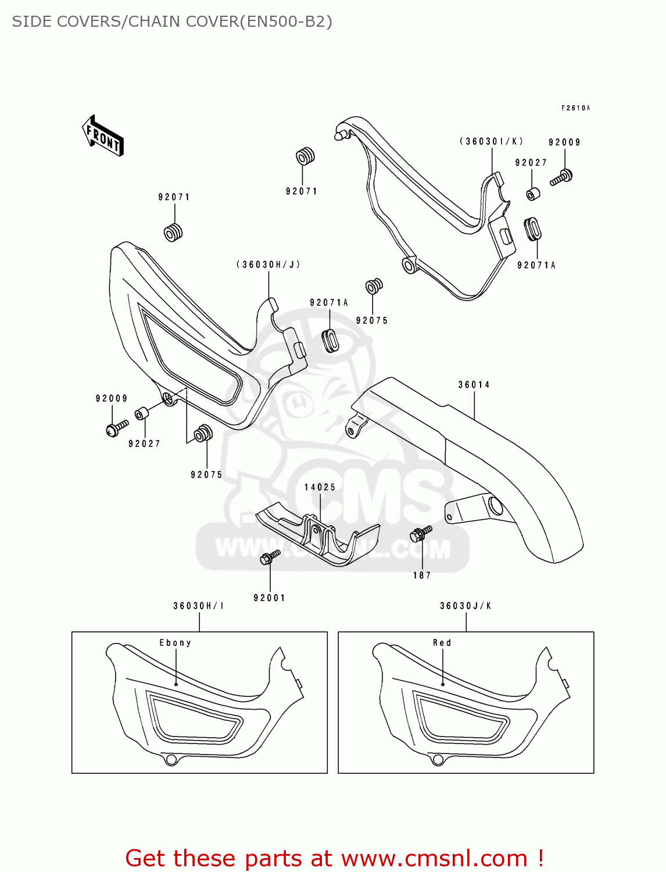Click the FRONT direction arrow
tap(103, 136)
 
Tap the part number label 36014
tap(474, 385)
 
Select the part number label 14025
tap(320, 487)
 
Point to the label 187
tap(422, 576)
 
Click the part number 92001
tap(270, 598)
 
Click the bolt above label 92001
tap(270, 557)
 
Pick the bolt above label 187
tap(421, 533)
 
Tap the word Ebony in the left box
tap(175, 643)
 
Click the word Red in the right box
tap(442, 643)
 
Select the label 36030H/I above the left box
tap(199, 606)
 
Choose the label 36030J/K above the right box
tap(466, 606)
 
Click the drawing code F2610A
tap(575, 108)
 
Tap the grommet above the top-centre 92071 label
tap(305, 156)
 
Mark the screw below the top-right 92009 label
tap(561, 177)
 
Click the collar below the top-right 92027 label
tap(533, 194)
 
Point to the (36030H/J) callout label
tap(268, 265)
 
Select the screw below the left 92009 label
tap(117, 428)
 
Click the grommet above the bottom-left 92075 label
tap(203, 434)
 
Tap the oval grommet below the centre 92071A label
tap(330, 340)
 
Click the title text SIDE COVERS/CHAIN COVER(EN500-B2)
tap(172, 22)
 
